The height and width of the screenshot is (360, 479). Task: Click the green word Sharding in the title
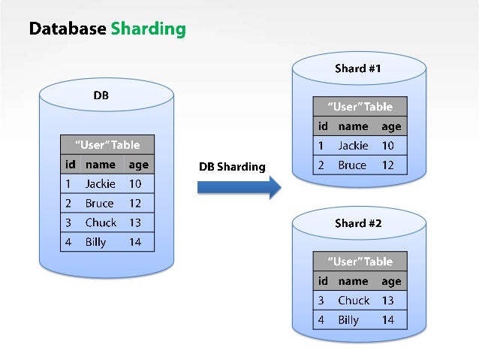click(x=148, y=29)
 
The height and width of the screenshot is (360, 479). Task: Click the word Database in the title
click(x=68, y=29)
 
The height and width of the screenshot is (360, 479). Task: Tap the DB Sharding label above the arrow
click(x=232, y=166)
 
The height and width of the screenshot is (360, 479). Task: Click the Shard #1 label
click(x=358, y=68)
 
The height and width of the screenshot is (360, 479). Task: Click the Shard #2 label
click(x=358, y=223)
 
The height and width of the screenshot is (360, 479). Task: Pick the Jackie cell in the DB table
click(x=100, y=183)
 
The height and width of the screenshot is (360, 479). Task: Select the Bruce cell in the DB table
click(x=99, y=203)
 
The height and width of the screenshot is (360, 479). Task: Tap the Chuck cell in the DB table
click(x=101, y=222)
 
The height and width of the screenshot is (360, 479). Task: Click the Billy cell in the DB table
click(x=96, y=242)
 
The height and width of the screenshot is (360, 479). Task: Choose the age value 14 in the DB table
click(x=135, y=242)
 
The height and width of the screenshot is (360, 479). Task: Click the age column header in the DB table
click(x=139, y=164)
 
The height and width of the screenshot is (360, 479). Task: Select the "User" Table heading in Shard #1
click(x=360, y=107)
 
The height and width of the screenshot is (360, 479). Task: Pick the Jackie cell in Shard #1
click(x=353, y=146)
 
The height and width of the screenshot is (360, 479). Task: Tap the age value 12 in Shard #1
click(x=387, y=165)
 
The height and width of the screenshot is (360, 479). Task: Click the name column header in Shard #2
click(x=353, y=281)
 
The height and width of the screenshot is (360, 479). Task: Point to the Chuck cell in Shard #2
click(x=354, y=301)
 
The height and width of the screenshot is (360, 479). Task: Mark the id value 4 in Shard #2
click(x=321, y=320)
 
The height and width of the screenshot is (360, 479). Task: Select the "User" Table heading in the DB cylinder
click(x=107, y=144)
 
